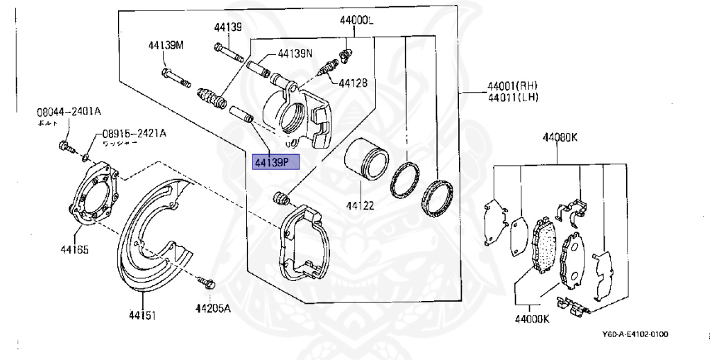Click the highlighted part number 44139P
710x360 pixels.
point(275,162)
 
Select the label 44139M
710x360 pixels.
point(166,46)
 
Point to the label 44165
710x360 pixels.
point(74,249)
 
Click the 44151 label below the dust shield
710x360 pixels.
point(141,316)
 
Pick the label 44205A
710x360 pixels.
point(212,309)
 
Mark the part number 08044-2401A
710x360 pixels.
point(69,111)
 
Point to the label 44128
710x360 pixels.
point(353,83)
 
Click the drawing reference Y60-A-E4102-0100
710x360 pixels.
point(635,334)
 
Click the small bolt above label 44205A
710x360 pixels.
point(207,282)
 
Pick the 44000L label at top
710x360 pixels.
point(357,21)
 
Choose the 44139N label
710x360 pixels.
point(295,53)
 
